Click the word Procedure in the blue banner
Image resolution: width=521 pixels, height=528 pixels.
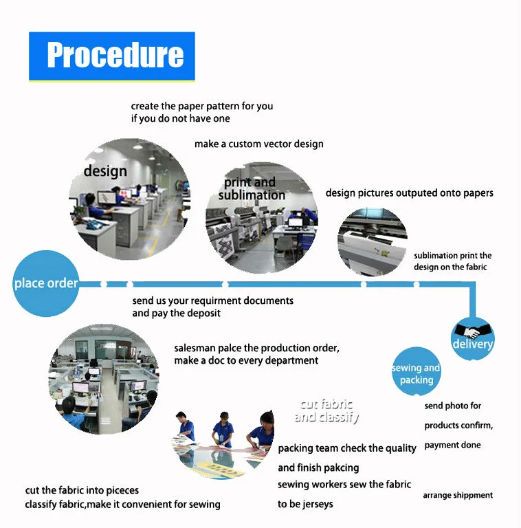click(x=115, y=55)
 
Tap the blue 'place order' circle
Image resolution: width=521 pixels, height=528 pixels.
click(x=46, y=283)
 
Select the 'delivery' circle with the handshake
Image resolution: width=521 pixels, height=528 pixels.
click(x=472, y=338)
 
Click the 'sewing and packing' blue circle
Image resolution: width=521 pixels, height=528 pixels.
click(x=417, y=371)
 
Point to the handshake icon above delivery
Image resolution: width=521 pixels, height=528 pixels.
click(x=472, y=330)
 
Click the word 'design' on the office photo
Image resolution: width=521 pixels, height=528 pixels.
click(x=105, y=171)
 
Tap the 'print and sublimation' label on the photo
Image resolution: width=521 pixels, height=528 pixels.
click(x=251, y=188)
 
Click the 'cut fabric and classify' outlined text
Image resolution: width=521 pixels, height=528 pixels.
click(x=326, y=410)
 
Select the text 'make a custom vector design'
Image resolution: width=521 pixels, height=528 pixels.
click(x=259, y=144)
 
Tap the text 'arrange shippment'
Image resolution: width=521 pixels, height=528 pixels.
click(x=458, y=495)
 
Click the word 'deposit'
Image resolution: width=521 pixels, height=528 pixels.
click(x=203, y=313)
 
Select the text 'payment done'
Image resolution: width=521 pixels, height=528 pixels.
click(x=452, y=445)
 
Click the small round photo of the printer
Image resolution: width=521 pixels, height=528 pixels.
click(x=373, y=242)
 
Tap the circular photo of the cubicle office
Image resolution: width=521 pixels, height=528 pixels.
click(x=104, y=379)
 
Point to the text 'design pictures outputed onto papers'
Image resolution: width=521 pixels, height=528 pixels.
click(x=409, y=193)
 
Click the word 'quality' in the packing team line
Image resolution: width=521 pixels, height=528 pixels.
click(x=401, y=448)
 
